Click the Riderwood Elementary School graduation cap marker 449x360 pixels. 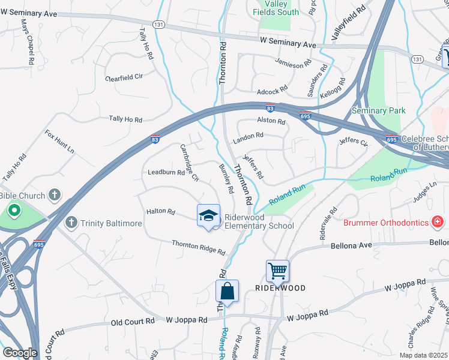pyautogui.click(x=208, y=215)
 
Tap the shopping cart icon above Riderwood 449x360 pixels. pyautogui.click(x=278, y=271)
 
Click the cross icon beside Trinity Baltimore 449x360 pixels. pyautogui.click(x=71, y=223)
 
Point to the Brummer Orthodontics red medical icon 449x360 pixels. pyautogui.click(x=438, y=223)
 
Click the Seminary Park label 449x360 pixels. pyautogui.click(x=379, y=110)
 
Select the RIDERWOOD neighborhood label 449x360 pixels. pyautogui.click(x=280, y=288)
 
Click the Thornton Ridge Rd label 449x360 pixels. pyautogui.click(x=198, y=247)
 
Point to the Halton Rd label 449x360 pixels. pyautogui.click(x=160, y=212)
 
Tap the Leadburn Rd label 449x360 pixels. pyautogui.click(x=166, y=172)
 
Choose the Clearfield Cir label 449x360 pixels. pyautogui.click(x=124, y=77)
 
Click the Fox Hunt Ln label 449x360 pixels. pyautogui.click(x=59, y=142)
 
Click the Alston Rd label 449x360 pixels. pyautogui.click(x=271, y=121)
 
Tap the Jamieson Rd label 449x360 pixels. pyautogui.click(x=293, y=62)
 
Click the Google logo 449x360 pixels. pyautogui.click(x=20, y=353)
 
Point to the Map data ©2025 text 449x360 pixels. pyautogui.click(x=423, y=355)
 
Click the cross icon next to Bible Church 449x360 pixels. pyautogui.click(x=55, y=194)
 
